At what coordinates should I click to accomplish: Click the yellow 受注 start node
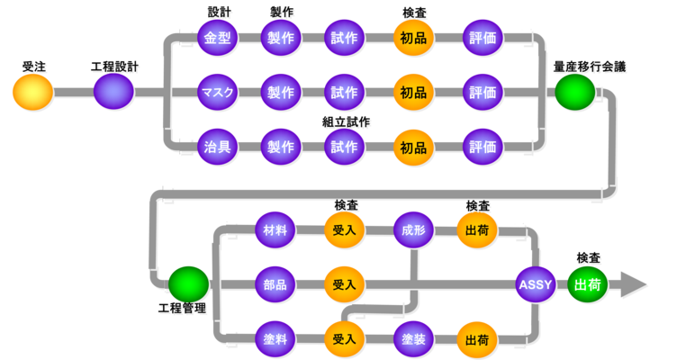(33, 92)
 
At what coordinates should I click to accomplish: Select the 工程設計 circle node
(113, 92)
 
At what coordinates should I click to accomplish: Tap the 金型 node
(217, 39)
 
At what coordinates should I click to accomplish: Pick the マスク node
(217, 92)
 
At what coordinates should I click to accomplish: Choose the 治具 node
(217, 146)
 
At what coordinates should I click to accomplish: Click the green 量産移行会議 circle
(574, 92)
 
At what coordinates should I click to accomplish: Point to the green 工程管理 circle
(188, 284)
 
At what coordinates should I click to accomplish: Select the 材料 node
(275, 230)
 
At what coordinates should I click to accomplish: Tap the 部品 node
(275, 284)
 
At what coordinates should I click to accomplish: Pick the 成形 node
(413, 230)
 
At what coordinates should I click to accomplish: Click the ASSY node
(535, 284)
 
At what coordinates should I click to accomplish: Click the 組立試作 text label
(347, 121)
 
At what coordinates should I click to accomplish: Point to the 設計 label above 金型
(219, 13)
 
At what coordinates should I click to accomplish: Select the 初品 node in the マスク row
(413, 92)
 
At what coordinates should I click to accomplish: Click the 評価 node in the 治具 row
(483, 146)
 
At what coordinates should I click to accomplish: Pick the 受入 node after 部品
(344, 284)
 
